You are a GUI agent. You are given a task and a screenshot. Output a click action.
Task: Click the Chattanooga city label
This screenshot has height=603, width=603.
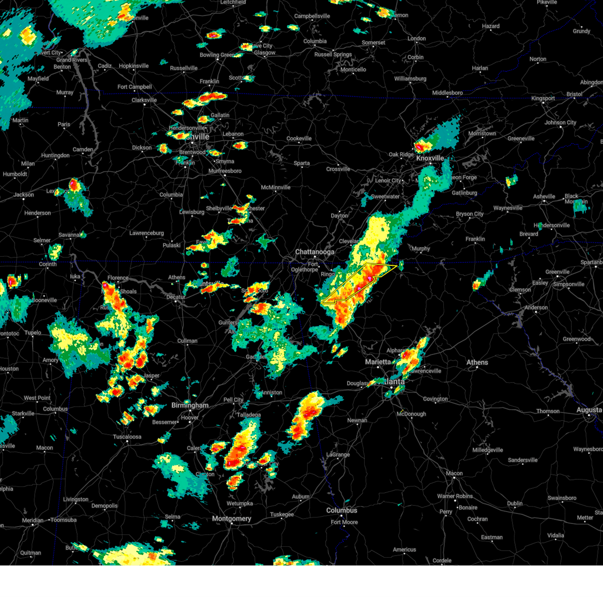click(315, 252)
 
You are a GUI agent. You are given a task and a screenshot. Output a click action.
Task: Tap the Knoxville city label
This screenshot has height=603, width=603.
click(430, 158)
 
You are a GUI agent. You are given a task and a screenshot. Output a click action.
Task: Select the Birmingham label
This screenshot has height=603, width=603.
click(190, 405)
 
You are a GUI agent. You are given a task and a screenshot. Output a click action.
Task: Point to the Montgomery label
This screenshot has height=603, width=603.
click(232, 519)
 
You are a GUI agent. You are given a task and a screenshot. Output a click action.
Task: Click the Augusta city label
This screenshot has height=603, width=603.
click(589, 410)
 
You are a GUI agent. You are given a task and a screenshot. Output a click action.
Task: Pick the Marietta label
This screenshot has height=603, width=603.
click(378, 362)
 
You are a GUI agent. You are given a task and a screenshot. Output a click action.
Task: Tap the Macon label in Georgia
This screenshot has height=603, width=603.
click(454, 473)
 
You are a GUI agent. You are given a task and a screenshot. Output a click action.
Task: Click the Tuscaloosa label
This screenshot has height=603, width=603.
click(127, 437)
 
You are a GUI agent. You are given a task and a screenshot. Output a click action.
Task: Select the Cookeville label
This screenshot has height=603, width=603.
click(299, 139)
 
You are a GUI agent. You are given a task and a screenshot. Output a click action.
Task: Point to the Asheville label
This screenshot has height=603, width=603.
click(544, 196)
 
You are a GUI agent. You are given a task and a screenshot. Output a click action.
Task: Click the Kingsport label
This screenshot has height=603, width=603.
click(543, 98)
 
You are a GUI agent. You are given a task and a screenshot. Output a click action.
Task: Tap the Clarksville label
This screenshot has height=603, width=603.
click(144, 100)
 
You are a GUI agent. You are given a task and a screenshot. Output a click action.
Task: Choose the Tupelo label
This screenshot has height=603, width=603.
click(33, 333)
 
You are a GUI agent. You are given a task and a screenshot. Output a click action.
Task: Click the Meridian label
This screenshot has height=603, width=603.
click(33, 520)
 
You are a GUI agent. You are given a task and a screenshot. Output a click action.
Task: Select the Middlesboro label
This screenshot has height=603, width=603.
click(448, 93)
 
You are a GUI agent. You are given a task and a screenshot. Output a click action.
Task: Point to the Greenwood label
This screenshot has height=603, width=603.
click(577, 339)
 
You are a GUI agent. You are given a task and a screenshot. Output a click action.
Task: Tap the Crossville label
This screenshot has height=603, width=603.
click(338, 169)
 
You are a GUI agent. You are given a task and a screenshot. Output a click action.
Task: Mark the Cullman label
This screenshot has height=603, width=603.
click(187, 341)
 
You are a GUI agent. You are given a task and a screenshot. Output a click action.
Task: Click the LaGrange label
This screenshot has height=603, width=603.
click(338, 455)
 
